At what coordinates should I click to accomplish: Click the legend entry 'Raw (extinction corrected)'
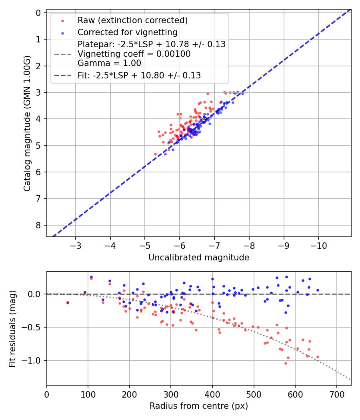(x=132, y=20)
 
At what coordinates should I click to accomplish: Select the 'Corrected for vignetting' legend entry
(x=128, y=32)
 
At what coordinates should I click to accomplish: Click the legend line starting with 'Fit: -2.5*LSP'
(x=139, y=75)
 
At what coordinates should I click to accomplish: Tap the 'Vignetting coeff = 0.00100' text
(x=134, y=54)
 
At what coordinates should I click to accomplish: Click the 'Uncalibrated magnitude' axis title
(x=199, y=258)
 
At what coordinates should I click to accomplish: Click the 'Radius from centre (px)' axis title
(x=199, y=406)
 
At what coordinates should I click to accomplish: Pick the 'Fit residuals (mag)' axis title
(x=12, y=328)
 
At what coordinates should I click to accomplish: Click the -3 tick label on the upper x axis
(x=76, y=245)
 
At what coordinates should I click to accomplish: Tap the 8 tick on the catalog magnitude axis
(x=38, y=225)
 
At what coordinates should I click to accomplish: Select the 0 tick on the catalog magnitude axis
(x=38, y=13)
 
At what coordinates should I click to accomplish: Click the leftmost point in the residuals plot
(x=68, y=303)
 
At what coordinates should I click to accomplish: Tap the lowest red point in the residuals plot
(x=286, y=363)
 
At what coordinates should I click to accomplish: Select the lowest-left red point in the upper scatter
(x=156, y=154)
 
